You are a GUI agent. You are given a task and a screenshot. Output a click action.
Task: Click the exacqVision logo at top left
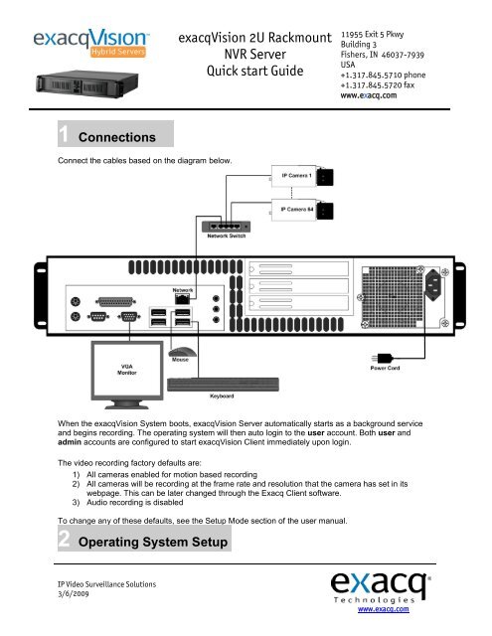91,42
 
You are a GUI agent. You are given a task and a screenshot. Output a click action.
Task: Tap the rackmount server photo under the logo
87,83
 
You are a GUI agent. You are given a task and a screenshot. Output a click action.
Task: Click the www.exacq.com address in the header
369,95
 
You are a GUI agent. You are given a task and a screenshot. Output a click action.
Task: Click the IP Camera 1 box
302,176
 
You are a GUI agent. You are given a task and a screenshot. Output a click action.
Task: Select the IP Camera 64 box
302,210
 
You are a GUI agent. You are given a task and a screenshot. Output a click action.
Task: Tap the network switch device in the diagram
226,227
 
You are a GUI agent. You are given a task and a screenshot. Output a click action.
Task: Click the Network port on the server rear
182,299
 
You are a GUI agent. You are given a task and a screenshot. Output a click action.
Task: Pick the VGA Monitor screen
127,370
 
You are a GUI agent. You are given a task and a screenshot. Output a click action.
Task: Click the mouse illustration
182,352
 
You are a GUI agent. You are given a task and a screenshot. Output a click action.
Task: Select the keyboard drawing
223,385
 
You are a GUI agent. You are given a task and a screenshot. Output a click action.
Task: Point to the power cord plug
382,359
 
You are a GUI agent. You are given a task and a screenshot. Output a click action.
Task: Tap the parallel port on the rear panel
115,302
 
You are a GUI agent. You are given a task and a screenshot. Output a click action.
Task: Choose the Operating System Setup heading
153,543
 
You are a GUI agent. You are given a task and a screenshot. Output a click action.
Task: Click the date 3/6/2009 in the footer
73,594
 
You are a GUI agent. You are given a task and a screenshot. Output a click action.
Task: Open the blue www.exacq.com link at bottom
384,609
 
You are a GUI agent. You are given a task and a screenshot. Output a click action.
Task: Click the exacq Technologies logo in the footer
381,587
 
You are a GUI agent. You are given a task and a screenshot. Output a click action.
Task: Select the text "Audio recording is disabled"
134,503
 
